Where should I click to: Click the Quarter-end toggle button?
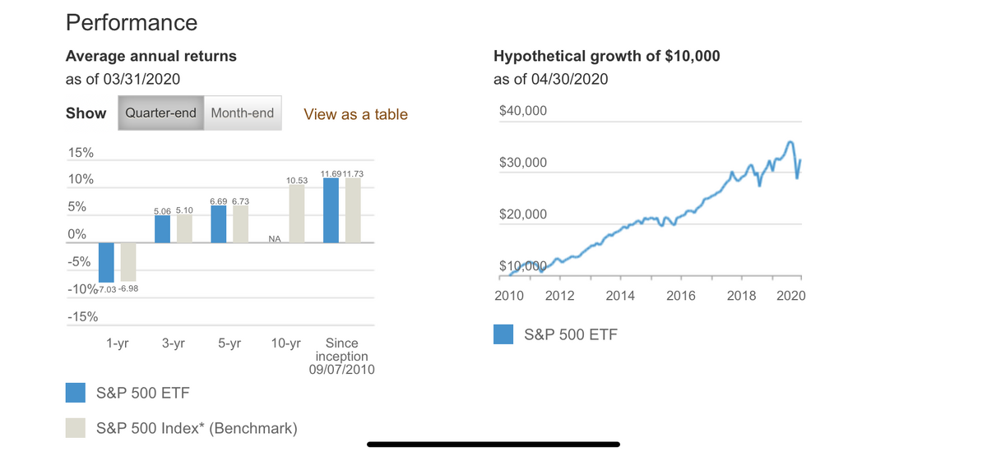160,113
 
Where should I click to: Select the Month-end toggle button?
242,113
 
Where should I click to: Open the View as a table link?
355,114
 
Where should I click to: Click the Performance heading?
132,22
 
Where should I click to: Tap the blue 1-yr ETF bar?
106,262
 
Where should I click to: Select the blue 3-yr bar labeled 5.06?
162,229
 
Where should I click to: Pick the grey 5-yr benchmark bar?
240,224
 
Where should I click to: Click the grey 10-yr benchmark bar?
296,214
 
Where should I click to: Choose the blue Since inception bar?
331,210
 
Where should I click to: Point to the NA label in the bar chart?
275,239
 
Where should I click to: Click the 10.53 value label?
296,179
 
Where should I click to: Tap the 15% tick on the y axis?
80,153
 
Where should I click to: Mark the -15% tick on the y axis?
81,316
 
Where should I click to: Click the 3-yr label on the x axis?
173,343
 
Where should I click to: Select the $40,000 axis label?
522,111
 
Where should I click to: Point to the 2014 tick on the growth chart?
619,296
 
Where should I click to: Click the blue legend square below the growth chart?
504,334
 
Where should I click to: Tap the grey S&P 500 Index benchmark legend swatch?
76,428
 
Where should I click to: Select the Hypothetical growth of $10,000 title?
607,56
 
